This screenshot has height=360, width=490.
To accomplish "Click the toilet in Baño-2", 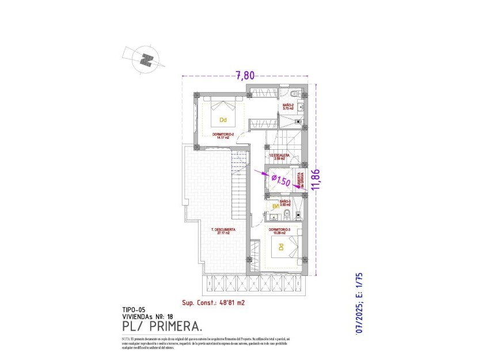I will point(294,94).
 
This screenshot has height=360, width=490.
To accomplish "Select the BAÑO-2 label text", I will point(288,106).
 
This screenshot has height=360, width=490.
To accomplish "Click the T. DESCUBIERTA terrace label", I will point(223,230).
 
